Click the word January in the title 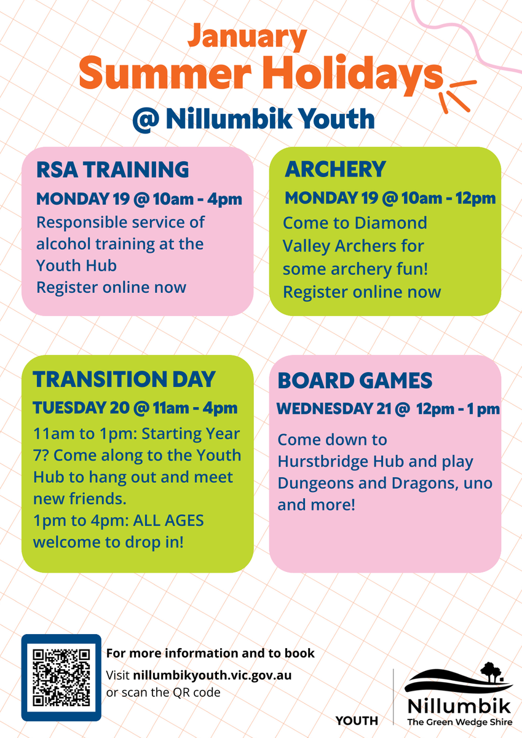(247, 37)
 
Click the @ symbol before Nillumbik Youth (146, 120)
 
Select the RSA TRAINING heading (113, 170)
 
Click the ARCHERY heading (335, 169)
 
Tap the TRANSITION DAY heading (124, 379)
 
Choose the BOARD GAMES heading (355, 381)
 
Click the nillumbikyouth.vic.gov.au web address (212, 675)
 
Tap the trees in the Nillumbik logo (491, 671)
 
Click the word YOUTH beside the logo (357, 721)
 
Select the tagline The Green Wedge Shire (460, 722)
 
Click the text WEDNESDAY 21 (334, 409)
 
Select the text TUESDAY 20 (81, 408)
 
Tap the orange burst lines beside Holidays (458, 95)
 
